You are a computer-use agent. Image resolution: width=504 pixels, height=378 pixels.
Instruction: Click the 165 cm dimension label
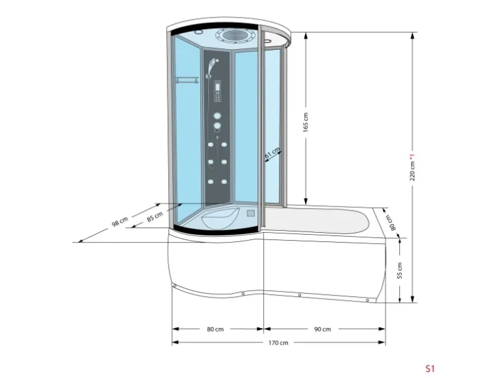[x=306, y=122]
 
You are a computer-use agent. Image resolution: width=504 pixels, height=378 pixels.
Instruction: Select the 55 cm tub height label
[x=399, y=270]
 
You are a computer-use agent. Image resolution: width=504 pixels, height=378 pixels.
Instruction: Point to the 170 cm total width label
[x=278, y=343]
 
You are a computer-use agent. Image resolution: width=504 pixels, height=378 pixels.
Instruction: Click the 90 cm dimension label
[x=323, y=329]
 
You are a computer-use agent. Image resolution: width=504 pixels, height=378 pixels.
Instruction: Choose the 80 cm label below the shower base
[x=215, y=329]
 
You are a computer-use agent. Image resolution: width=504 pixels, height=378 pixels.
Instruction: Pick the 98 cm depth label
[x=120, y=222]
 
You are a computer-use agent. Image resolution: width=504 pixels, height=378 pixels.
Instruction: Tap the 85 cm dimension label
[x=155, y=216]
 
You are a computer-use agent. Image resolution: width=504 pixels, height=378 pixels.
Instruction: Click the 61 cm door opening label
[x=272, y=152]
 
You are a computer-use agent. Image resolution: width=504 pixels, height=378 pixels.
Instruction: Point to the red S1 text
[x=430, y=368]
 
